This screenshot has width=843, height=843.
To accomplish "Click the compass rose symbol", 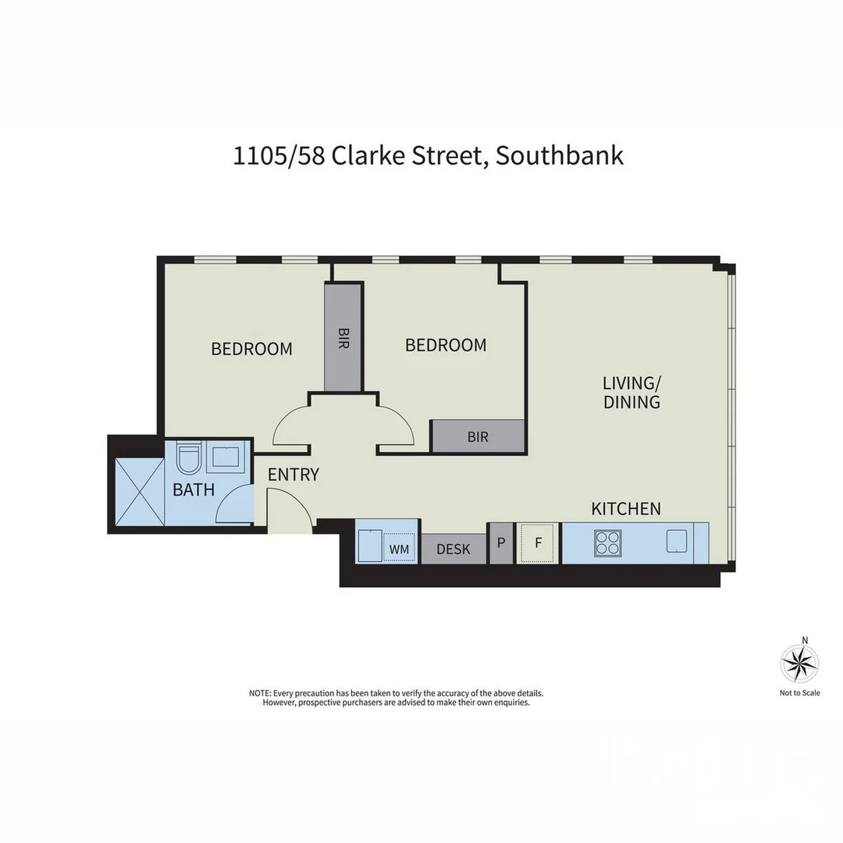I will tap(799, 664).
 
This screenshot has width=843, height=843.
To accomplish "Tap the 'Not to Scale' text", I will tap(799, 692).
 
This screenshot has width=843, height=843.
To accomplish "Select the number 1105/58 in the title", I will tap(279, 155).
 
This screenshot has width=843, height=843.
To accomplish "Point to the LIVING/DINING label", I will tap(631, 393).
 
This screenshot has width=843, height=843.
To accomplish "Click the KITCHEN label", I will tap(626, 509).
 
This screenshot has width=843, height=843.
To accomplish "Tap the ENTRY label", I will tap(293, 475).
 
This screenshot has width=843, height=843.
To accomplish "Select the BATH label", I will tap(194, 490).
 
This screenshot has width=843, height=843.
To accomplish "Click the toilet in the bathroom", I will tap(188, 458).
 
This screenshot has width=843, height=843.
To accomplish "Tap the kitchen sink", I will tap(676, 541).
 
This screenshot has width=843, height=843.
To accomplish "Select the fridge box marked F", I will tap(538, 542).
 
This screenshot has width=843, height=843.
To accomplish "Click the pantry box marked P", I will tap(500, 542).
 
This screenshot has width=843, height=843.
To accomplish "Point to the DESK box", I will tap(454, 549).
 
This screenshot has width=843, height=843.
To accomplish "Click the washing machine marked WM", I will tap(399, 549).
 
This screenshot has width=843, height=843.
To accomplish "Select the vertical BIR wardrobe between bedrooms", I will tap(343, 337).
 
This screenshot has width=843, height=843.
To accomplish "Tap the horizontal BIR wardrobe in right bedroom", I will tap(478, 436).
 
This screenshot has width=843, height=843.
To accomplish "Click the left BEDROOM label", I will tap(251, 349).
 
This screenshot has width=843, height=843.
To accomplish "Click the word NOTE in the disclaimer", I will tap(258, 693).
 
